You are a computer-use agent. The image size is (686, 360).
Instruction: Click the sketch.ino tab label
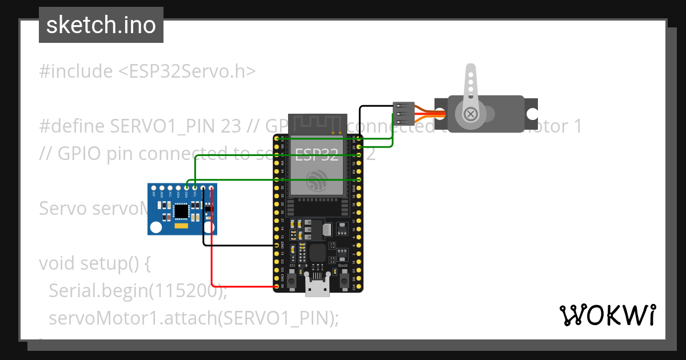tap(101, 25)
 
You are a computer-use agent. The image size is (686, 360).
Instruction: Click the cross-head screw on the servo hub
tap(470, 114)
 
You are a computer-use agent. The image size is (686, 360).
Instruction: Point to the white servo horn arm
tap(470, 86)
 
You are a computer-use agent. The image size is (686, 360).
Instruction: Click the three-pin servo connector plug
tap(404, 113)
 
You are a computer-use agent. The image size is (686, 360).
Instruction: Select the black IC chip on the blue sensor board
tap(181, 211)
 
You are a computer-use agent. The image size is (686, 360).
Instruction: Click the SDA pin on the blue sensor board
tap(187, 187)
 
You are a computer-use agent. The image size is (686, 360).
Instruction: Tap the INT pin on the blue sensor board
tap(154, 187)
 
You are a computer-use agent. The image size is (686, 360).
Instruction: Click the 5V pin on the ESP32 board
tap(277, 286)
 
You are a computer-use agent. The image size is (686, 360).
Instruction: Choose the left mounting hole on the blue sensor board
tap(155, 227)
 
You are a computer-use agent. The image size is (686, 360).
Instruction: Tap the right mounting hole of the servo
tap(532, 114)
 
